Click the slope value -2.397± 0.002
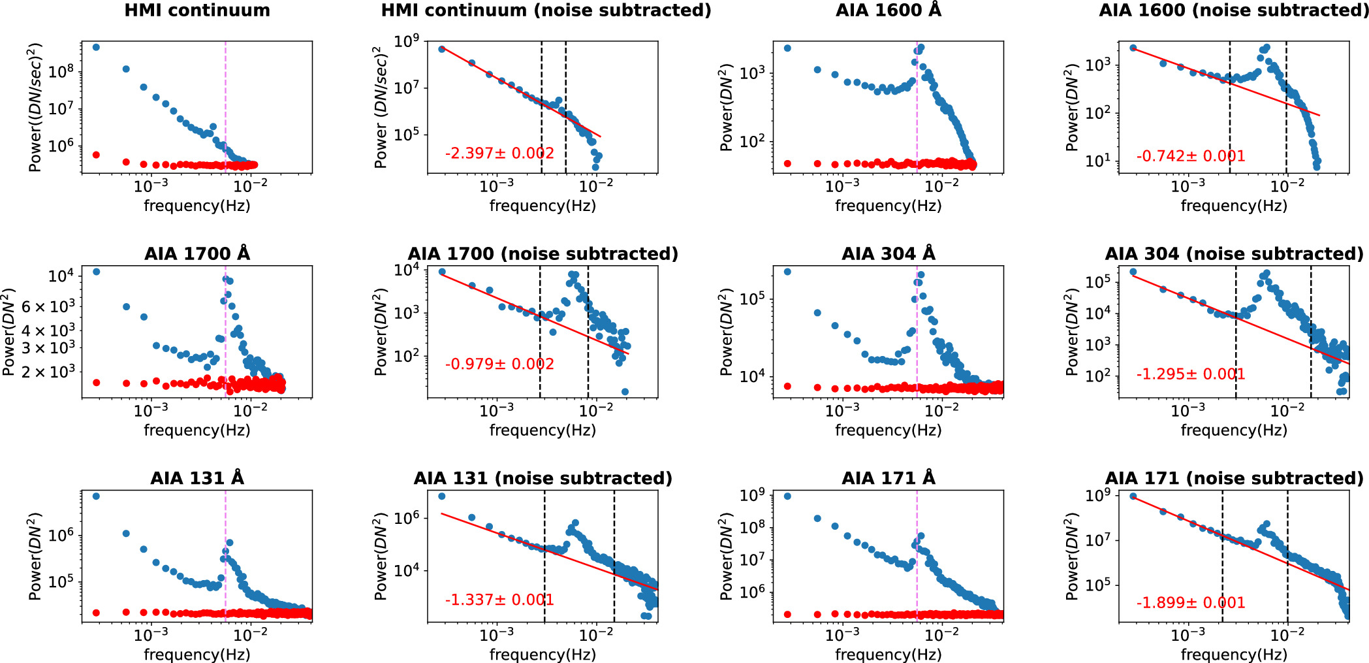point(499,154)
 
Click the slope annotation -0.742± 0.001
point(1191,157)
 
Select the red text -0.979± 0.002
point(499,364)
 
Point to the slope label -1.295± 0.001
point(1191,375)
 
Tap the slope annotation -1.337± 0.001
point(499,600)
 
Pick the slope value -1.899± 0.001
point(1191,603)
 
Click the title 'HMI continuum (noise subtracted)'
point(546,11)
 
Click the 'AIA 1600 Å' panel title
point(889,11)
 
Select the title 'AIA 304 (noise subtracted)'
point(1234,254)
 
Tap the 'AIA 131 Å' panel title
point(197,479)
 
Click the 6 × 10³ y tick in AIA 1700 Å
point(49,306)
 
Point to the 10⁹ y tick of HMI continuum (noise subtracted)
point(407,42)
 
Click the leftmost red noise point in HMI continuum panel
point(96,155)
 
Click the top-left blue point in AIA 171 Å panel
point(787,496)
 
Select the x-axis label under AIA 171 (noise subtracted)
point(1234,655)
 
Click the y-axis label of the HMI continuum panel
point(35,108)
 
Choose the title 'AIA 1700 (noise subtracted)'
point(543,254)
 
